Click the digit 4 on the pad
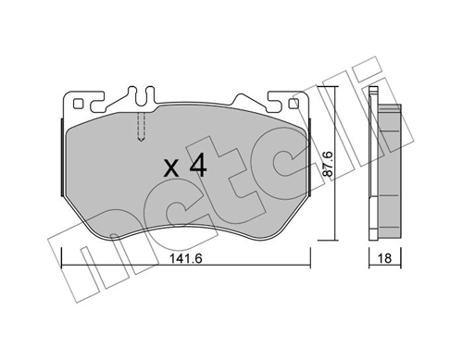click(196, 168)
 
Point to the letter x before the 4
click(170, 169)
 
